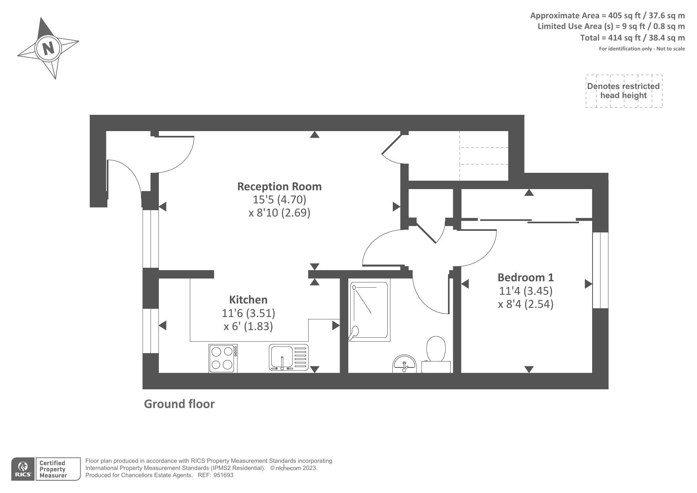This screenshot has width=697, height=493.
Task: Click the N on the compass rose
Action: pos(48,48)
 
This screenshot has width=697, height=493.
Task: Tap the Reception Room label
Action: pos(279,186)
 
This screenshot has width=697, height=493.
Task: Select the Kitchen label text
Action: pos(248,300)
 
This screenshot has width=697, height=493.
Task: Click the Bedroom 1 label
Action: pos(525,277)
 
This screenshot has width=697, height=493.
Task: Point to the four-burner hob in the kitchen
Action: pos(223,358)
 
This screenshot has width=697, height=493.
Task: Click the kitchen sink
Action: pos(289,358)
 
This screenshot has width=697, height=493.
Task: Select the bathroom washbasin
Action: pos(404,364)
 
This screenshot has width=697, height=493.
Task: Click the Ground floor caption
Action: pos(179,404)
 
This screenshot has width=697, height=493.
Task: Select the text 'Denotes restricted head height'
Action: pos(623,91)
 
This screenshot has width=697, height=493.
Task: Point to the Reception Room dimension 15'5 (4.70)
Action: pos(280,199)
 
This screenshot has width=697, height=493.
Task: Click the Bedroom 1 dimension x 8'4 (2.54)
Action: pos(525,304)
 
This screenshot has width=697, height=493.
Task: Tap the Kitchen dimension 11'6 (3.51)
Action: pos(249,313)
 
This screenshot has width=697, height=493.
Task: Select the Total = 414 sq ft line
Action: pos(632,38)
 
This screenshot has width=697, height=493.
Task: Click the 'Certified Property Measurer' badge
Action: pos(52,469)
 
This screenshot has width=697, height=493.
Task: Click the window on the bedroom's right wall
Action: pos(600,271)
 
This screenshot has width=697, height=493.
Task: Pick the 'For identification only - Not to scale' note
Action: pos(642,49)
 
